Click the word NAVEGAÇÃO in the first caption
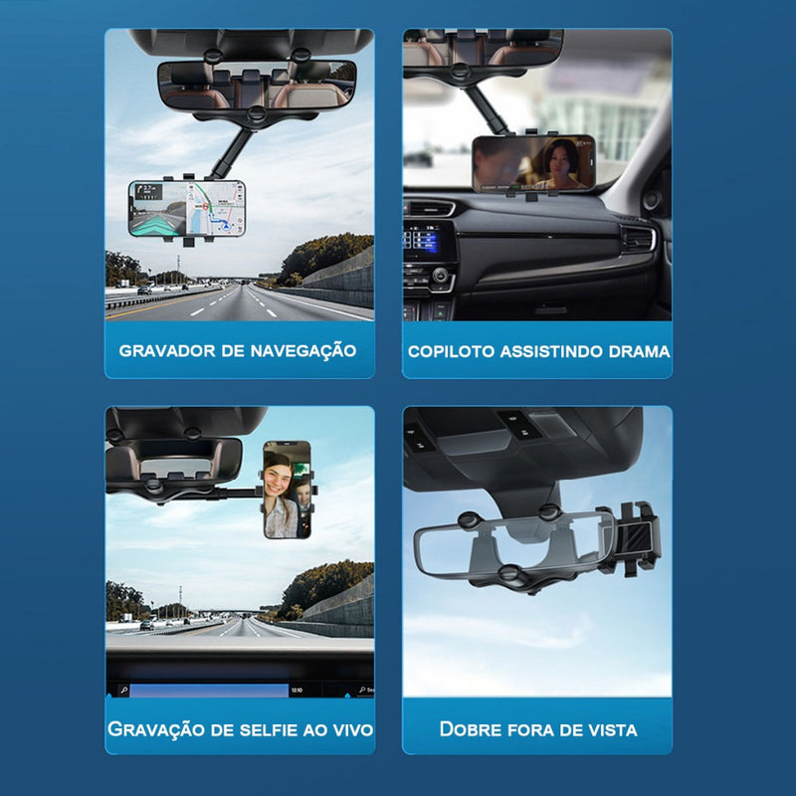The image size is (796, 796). coord(303,351)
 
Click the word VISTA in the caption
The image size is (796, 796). coord(612,730)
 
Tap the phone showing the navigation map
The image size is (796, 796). coord(187,208)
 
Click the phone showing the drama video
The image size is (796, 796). coord(533,163)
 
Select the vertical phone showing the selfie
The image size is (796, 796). coord(287,490)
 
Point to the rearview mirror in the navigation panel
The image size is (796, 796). coord(257,86)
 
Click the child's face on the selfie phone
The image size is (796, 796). coord(303,494)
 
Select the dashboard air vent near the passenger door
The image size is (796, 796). coord(639,239)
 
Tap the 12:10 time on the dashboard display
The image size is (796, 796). coord(297,690)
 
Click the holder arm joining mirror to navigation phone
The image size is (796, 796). coord(230,153)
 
